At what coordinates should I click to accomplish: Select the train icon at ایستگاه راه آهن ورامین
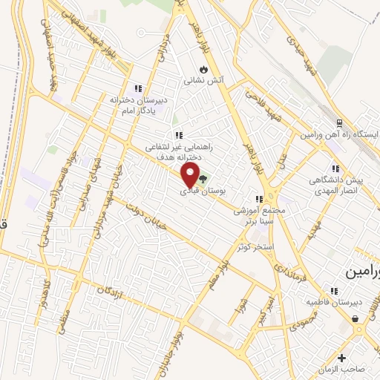coord(339,123)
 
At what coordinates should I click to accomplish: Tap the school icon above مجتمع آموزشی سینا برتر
coord(258,199)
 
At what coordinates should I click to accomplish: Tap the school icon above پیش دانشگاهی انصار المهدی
coord(335,169)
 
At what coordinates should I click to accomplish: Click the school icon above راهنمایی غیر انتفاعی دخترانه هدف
coord(178,135)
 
